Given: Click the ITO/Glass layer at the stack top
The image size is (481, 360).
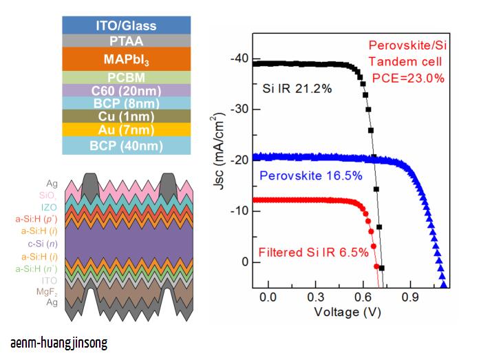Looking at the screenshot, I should pyautogui.click(x=126, y=26).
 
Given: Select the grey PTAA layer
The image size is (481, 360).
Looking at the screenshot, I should pyautogui.click(x=126, y=41).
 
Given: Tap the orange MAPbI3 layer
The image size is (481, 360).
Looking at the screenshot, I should pyautogui.click(x=126, y=60).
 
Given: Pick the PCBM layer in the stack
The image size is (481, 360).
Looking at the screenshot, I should pyautogui.click(x=126, y=77).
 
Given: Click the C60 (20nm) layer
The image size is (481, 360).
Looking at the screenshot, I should pyautogui.click(x=126, y=90).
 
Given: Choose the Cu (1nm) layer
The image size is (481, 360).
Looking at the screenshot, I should pyautogui.click(x=126, y=116).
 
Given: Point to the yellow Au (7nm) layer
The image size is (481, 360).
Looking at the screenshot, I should pyautogui.click(x=126, y=129).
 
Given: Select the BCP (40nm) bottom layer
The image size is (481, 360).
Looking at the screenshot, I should pyautogui.click(x=126, y=145).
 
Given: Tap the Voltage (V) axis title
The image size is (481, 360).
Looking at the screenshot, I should pyautogui.click(x=348, y=312).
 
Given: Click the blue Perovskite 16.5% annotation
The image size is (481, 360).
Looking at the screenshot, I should pyautogui.click(x=311, y=176).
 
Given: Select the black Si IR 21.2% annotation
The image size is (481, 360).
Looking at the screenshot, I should pyautogui.click(x=297, y=89).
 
